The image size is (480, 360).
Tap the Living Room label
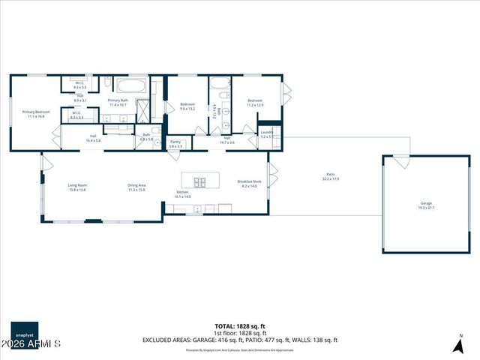pos(77,187)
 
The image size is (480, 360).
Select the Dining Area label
pos(136,187)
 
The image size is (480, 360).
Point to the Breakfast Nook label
pos(249,184)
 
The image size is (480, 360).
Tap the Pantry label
pos(175,143)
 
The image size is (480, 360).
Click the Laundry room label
pos(266,135)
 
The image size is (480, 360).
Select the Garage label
pos(426,205)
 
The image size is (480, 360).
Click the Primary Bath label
pos(119,103)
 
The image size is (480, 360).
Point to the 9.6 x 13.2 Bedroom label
pos(187,106)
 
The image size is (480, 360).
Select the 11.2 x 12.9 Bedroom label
pos(255,103)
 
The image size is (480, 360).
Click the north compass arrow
pos(457,346)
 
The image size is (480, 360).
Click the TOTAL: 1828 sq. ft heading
pos(240,326)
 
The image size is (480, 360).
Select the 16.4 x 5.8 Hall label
pos(93,139)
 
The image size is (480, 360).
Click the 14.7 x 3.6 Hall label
pos(226,140)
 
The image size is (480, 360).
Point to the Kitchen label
pos(183,194)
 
